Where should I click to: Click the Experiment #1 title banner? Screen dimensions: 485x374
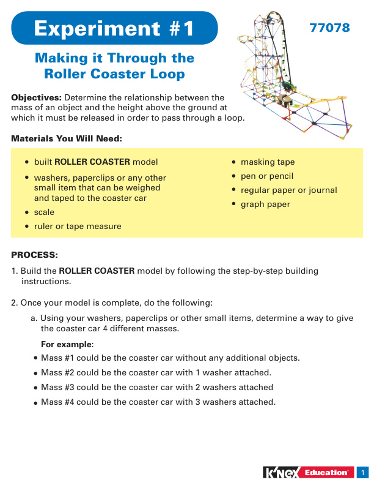tap(114, 28)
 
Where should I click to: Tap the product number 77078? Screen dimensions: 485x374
tap(329, 28)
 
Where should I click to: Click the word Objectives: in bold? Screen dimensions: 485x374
tap(36, 97)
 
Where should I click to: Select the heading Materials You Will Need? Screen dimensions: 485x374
tap(67, 139)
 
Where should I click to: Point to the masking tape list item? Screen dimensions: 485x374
tap(267, 162)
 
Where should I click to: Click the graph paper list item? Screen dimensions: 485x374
tap(265, 205)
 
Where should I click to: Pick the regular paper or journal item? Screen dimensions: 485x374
tap(288, 190)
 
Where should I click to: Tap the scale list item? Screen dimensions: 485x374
tap(44, 212)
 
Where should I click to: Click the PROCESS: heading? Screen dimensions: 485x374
tap(35, 254)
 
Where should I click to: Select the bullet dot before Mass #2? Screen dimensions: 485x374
tap(36, 373)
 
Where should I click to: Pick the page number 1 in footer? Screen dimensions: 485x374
tap(362, 473)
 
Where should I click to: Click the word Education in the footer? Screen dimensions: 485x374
tap(328, 473)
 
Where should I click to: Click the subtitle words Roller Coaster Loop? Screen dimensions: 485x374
tap(114, 74)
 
